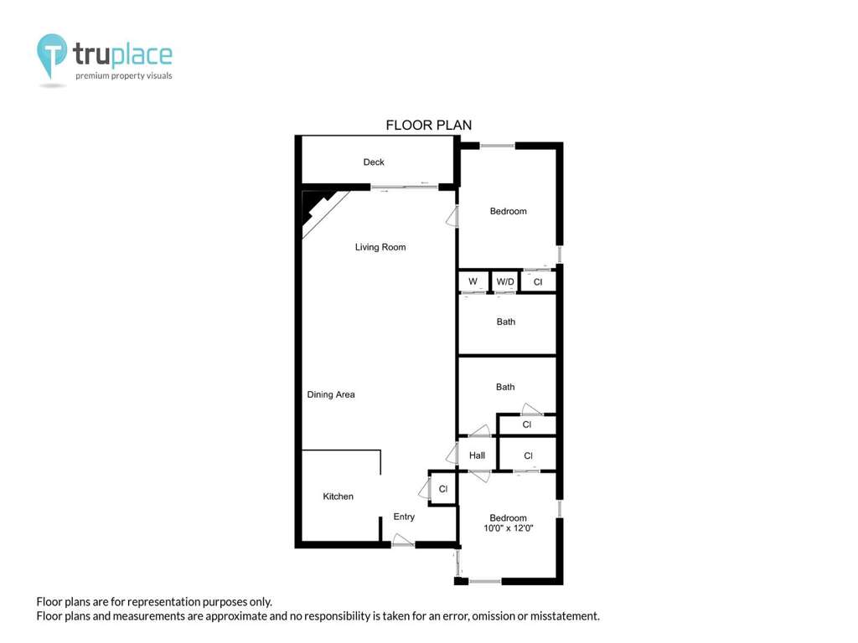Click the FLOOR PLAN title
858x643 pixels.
[428, 126]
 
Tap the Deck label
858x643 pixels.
[374, 162]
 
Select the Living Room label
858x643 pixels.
[380, 247]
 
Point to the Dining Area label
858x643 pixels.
[330, 394]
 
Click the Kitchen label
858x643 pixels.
[339, 496]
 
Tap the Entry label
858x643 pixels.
[404, 517]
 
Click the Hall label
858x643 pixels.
[477, 455]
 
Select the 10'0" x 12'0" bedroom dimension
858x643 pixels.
[509, 528]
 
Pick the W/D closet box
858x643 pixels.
[504, 281]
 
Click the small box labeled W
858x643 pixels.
[473, 281]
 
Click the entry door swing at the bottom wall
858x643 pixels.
[403, 540]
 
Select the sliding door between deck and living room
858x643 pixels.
[405, 188]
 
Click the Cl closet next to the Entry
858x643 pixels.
[442, 489]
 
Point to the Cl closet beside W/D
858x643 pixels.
[538, 281]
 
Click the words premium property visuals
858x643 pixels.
[124, 76]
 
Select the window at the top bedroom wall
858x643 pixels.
[498, 146]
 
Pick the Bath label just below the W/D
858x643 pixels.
[505, 322]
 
